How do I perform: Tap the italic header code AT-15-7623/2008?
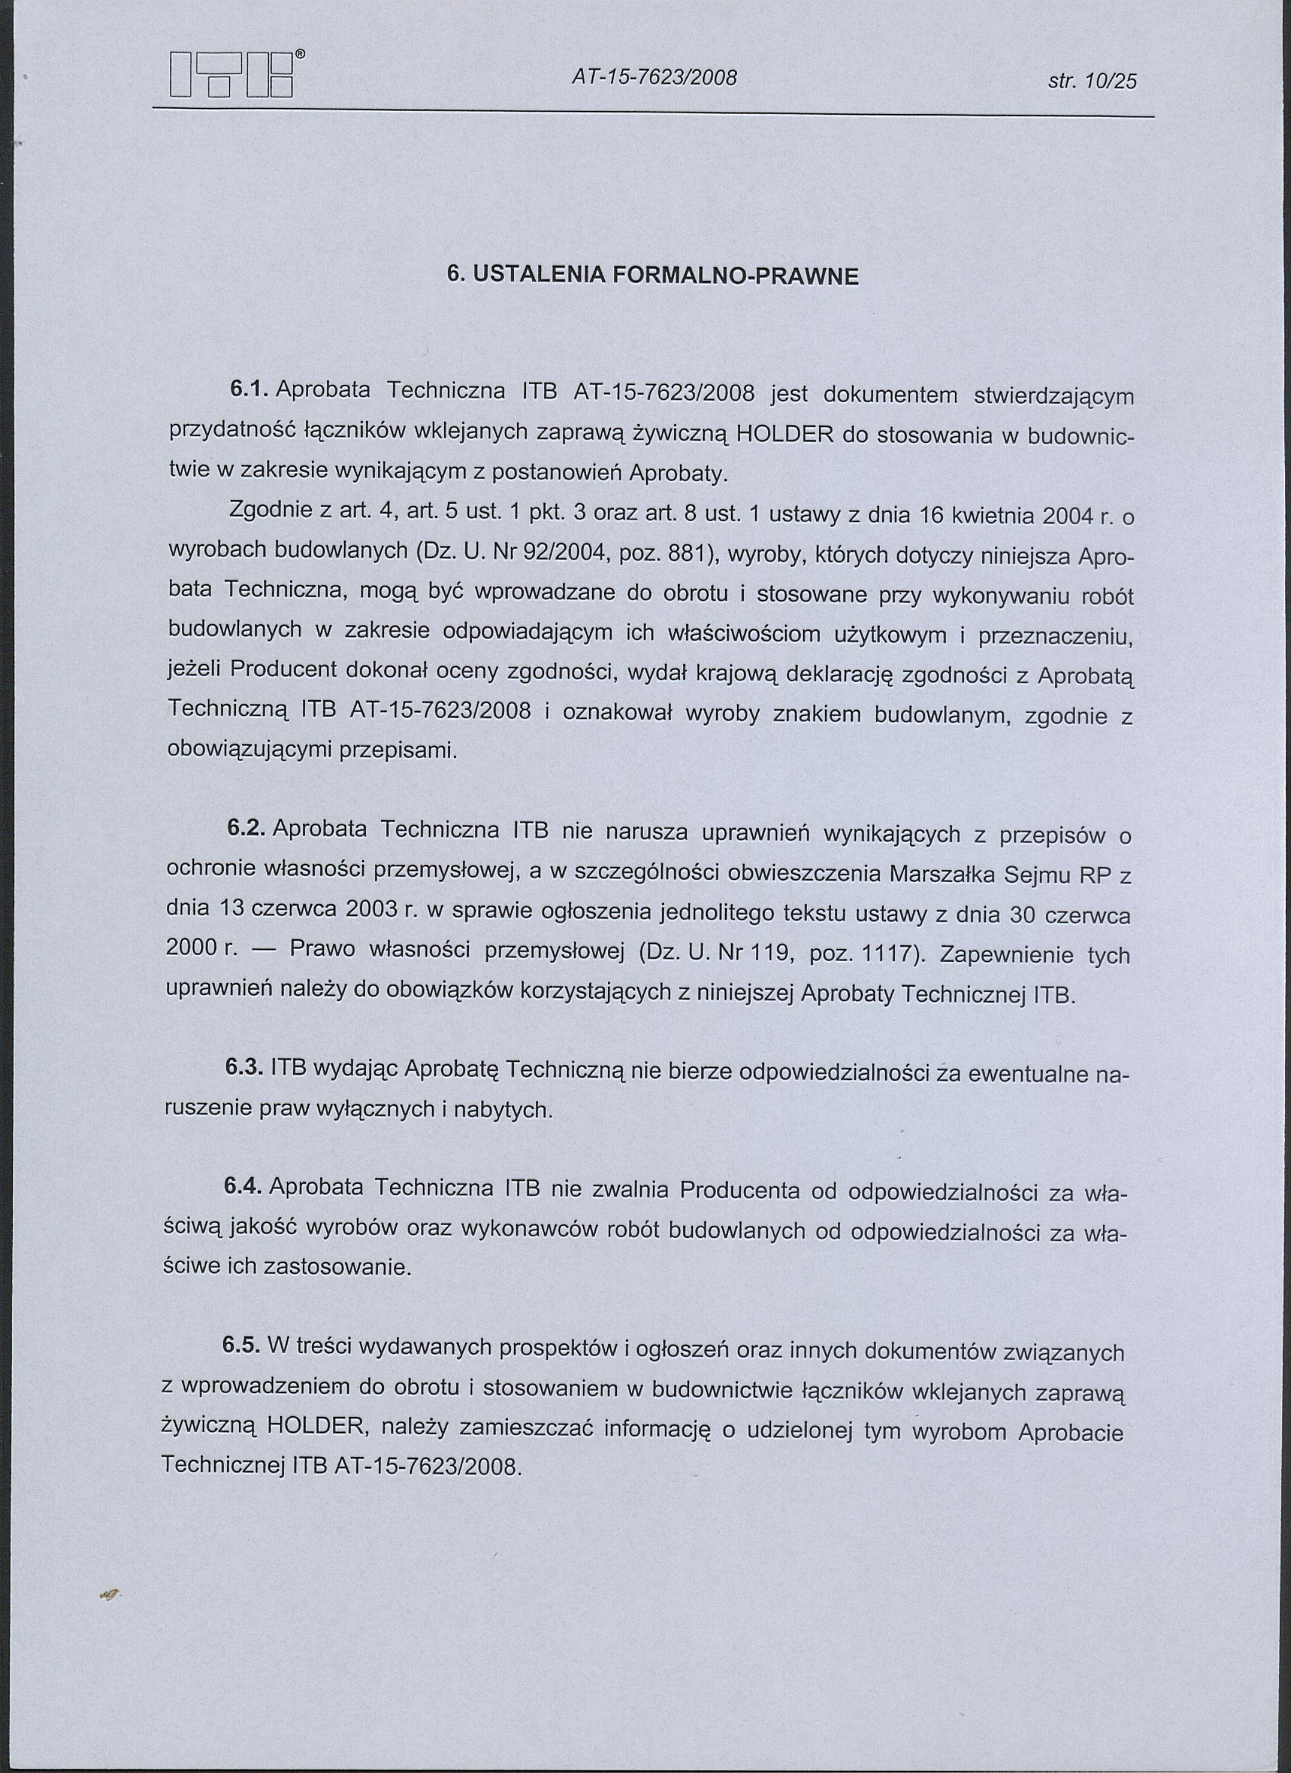click(x=655, y=76)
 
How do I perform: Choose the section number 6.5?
click(x=241, y=1345)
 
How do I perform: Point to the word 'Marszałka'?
click(x=942, y=874)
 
